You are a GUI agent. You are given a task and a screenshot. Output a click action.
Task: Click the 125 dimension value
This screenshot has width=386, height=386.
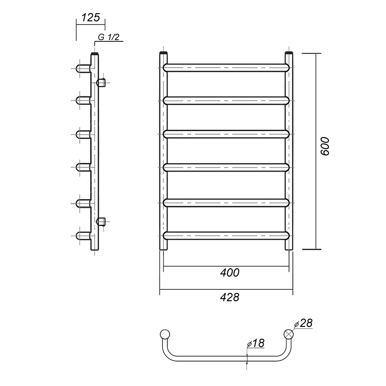90,17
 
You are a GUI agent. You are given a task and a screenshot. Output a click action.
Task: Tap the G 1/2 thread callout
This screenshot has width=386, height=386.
108,37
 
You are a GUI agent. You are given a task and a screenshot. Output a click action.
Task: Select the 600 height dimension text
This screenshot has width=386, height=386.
325,146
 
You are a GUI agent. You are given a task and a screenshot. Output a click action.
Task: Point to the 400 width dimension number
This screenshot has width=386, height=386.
229,273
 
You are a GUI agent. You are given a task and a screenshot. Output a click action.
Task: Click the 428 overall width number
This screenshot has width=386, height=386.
229,297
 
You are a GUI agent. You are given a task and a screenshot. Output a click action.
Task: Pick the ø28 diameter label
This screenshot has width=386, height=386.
303,323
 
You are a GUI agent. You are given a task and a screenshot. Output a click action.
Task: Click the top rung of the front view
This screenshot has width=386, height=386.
226,68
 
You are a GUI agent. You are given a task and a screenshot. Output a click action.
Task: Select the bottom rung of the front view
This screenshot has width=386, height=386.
226,235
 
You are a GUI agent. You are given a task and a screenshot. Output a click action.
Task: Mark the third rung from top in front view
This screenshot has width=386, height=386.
226,134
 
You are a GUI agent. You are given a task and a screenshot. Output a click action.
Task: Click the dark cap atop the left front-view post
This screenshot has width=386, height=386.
163,52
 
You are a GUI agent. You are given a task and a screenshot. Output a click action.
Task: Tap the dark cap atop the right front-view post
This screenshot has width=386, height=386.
289,52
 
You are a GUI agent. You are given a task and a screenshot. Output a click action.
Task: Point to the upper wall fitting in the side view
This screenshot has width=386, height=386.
101,83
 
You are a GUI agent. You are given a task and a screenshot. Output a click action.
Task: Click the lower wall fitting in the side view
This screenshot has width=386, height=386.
101,221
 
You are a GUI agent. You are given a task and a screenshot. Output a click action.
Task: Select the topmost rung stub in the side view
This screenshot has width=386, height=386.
83,68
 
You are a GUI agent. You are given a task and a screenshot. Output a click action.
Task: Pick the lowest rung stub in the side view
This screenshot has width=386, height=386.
83,235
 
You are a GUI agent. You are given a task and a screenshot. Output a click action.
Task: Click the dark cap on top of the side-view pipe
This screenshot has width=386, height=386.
95,53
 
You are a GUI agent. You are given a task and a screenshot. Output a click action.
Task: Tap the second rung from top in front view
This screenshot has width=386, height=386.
226,101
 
